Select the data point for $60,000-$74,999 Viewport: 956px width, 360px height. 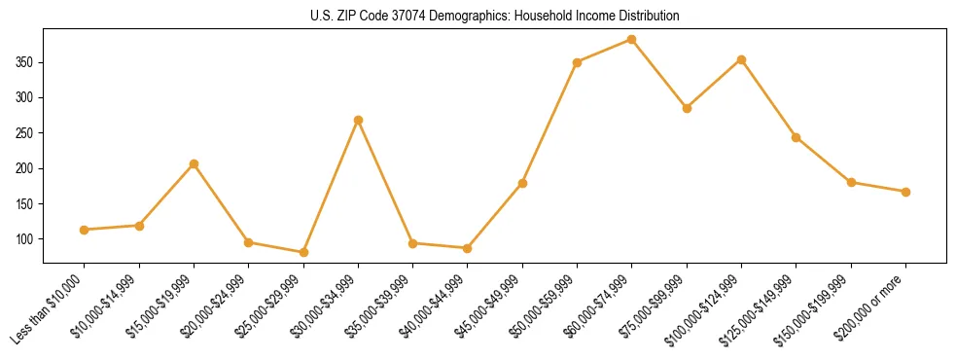(632, 40)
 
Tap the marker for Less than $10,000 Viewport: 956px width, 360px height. (85, 230)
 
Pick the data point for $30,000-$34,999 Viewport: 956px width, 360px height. (358, 120)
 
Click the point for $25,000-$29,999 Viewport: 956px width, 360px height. (303, 252)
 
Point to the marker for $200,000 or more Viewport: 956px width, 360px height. (905, 192)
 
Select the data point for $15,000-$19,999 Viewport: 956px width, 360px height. (194, 163)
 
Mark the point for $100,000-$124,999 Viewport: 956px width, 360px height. (741, 59)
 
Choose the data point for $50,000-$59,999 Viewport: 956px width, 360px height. (577, 62)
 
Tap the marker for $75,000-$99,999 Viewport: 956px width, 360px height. (687, 108)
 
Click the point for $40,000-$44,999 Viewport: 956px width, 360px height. (468, 248)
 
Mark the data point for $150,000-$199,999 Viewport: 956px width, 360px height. (851, 182)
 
